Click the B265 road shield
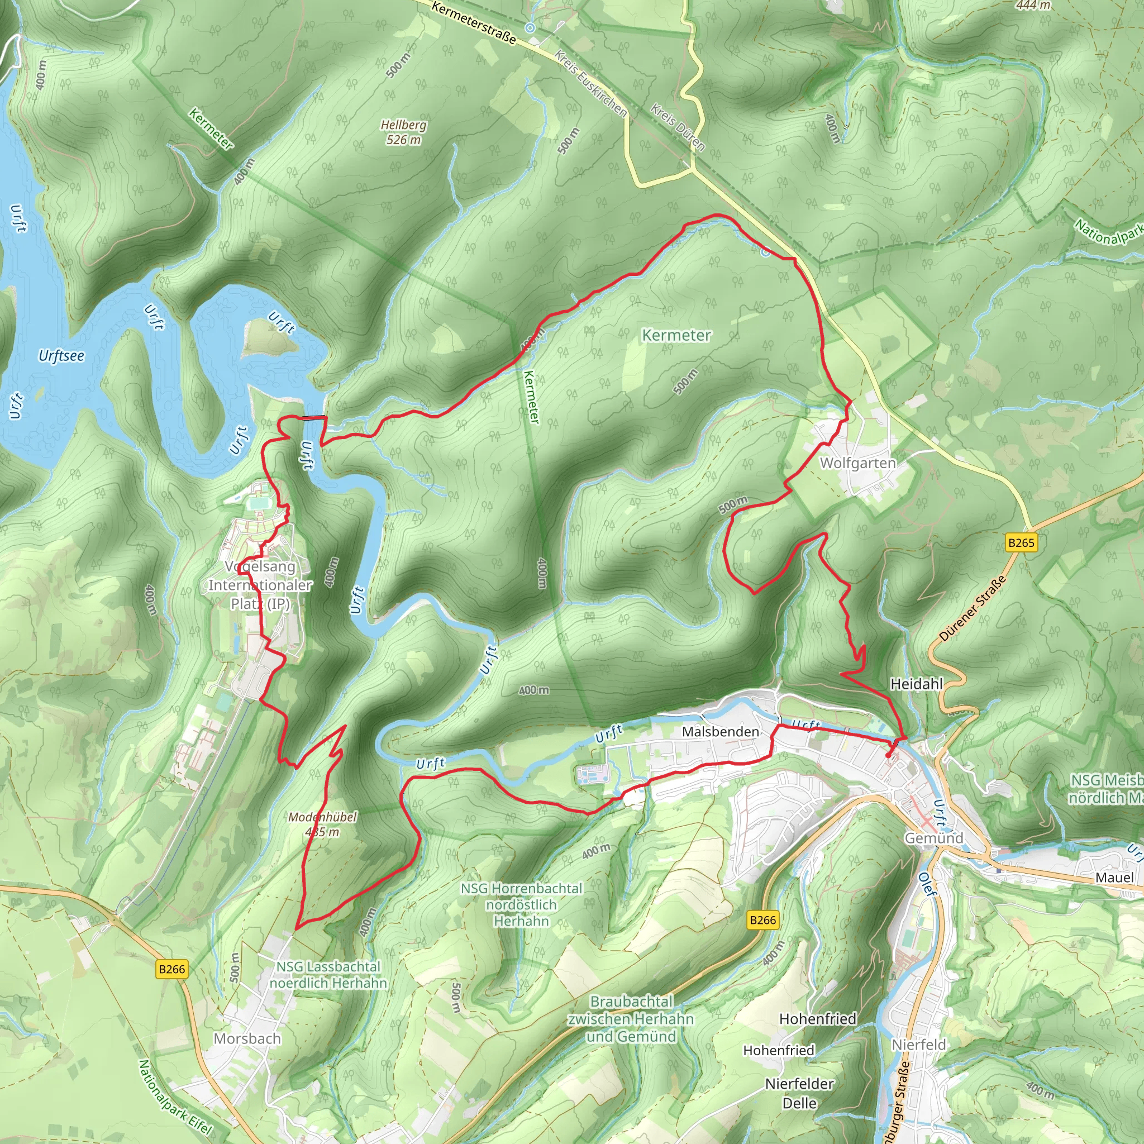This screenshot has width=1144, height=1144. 1022,542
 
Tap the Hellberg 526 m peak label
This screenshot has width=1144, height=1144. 403,132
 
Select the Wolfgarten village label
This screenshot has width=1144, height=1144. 857,463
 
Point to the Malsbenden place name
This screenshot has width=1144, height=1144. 720,732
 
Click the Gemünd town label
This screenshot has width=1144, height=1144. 934,838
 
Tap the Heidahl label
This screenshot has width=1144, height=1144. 916,684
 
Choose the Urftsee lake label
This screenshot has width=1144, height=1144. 61,356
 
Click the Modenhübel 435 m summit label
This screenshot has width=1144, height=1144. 323,824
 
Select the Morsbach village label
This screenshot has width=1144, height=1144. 247,1038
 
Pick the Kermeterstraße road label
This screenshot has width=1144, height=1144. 474,23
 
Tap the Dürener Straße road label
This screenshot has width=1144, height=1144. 973,608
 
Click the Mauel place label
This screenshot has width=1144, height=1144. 1114,878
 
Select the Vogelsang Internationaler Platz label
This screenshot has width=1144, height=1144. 260,585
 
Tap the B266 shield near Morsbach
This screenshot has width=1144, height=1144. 171,969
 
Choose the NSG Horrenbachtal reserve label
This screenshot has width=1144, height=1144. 521,905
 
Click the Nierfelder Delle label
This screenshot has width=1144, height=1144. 799,1093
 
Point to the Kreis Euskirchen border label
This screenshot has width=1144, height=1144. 590,83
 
